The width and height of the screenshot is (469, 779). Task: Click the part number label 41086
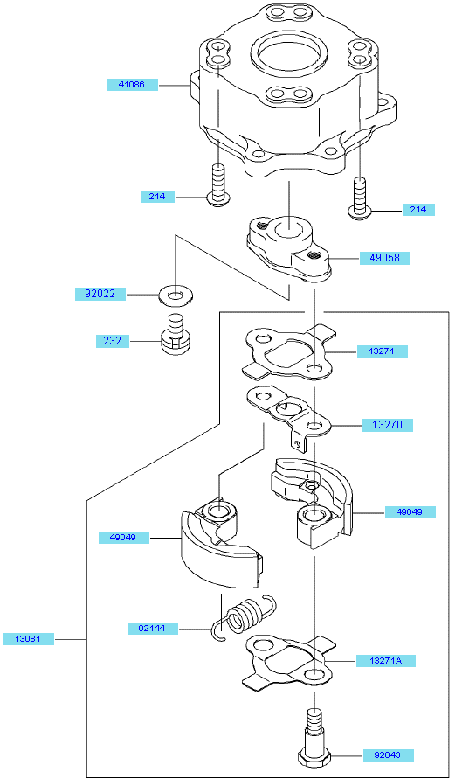click(133, 85)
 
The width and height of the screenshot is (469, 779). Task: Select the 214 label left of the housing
click(158, 196)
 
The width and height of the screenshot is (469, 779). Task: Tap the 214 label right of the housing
click(418, 210)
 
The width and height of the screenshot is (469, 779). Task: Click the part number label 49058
click(385, 258)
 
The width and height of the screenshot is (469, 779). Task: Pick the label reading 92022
click(100, 294)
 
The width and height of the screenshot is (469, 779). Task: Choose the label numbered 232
click(113, 341)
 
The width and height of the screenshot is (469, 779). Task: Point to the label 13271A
click(386, 661)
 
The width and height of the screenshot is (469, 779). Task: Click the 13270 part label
click(388, 425)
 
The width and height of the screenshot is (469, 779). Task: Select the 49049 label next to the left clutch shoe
click(123, 537)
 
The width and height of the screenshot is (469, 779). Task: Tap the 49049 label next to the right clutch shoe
click(410, 511)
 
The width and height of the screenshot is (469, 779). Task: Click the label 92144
click(152, 628)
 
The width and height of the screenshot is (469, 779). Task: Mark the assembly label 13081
click(29, 638)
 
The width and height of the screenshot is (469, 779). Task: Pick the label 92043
click(388, 755)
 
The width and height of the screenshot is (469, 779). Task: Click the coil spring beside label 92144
click(245, 616)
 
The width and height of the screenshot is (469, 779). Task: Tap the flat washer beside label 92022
click(176, 296)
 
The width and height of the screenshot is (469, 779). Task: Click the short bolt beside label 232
click(176, 334)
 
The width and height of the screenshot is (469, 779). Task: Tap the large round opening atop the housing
click(289, 53)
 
